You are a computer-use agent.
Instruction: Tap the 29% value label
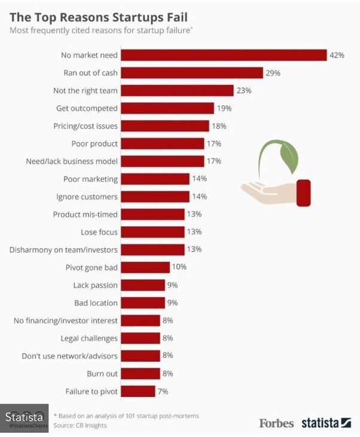(x=273, y=73)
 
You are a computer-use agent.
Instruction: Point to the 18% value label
(x=218, y=126)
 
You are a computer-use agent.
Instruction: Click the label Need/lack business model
(x=72, y=161)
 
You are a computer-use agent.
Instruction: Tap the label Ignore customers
(x=87, y=197)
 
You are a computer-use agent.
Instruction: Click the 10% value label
(x=179, y=267)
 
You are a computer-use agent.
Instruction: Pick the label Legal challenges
(x=89, y=338)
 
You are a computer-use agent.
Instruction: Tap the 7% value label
(x=163, y=392)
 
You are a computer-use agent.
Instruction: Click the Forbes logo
(x=276, y=423)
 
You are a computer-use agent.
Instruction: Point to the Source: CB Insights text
(x=81, y=425)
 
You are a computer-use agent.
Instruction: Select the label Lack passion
(x=95, y=285)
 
